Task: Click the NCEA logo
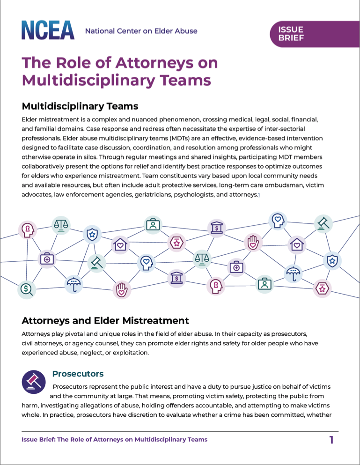click(48, 30)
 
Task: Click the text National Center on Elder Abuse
click(141, 31)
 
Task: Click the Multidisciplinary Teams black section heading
click(80, 106)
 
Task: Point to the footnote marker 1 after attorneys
click(259, 194)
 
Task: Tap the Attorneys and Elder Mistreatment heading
click(105, 321)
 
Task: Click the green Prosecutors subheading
click(78, 374)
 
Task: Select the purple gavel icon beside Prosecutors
click(34, 382)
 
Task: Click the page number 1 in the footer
click(331, 440)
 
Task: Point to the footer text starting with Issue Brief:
click(114, 439)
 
